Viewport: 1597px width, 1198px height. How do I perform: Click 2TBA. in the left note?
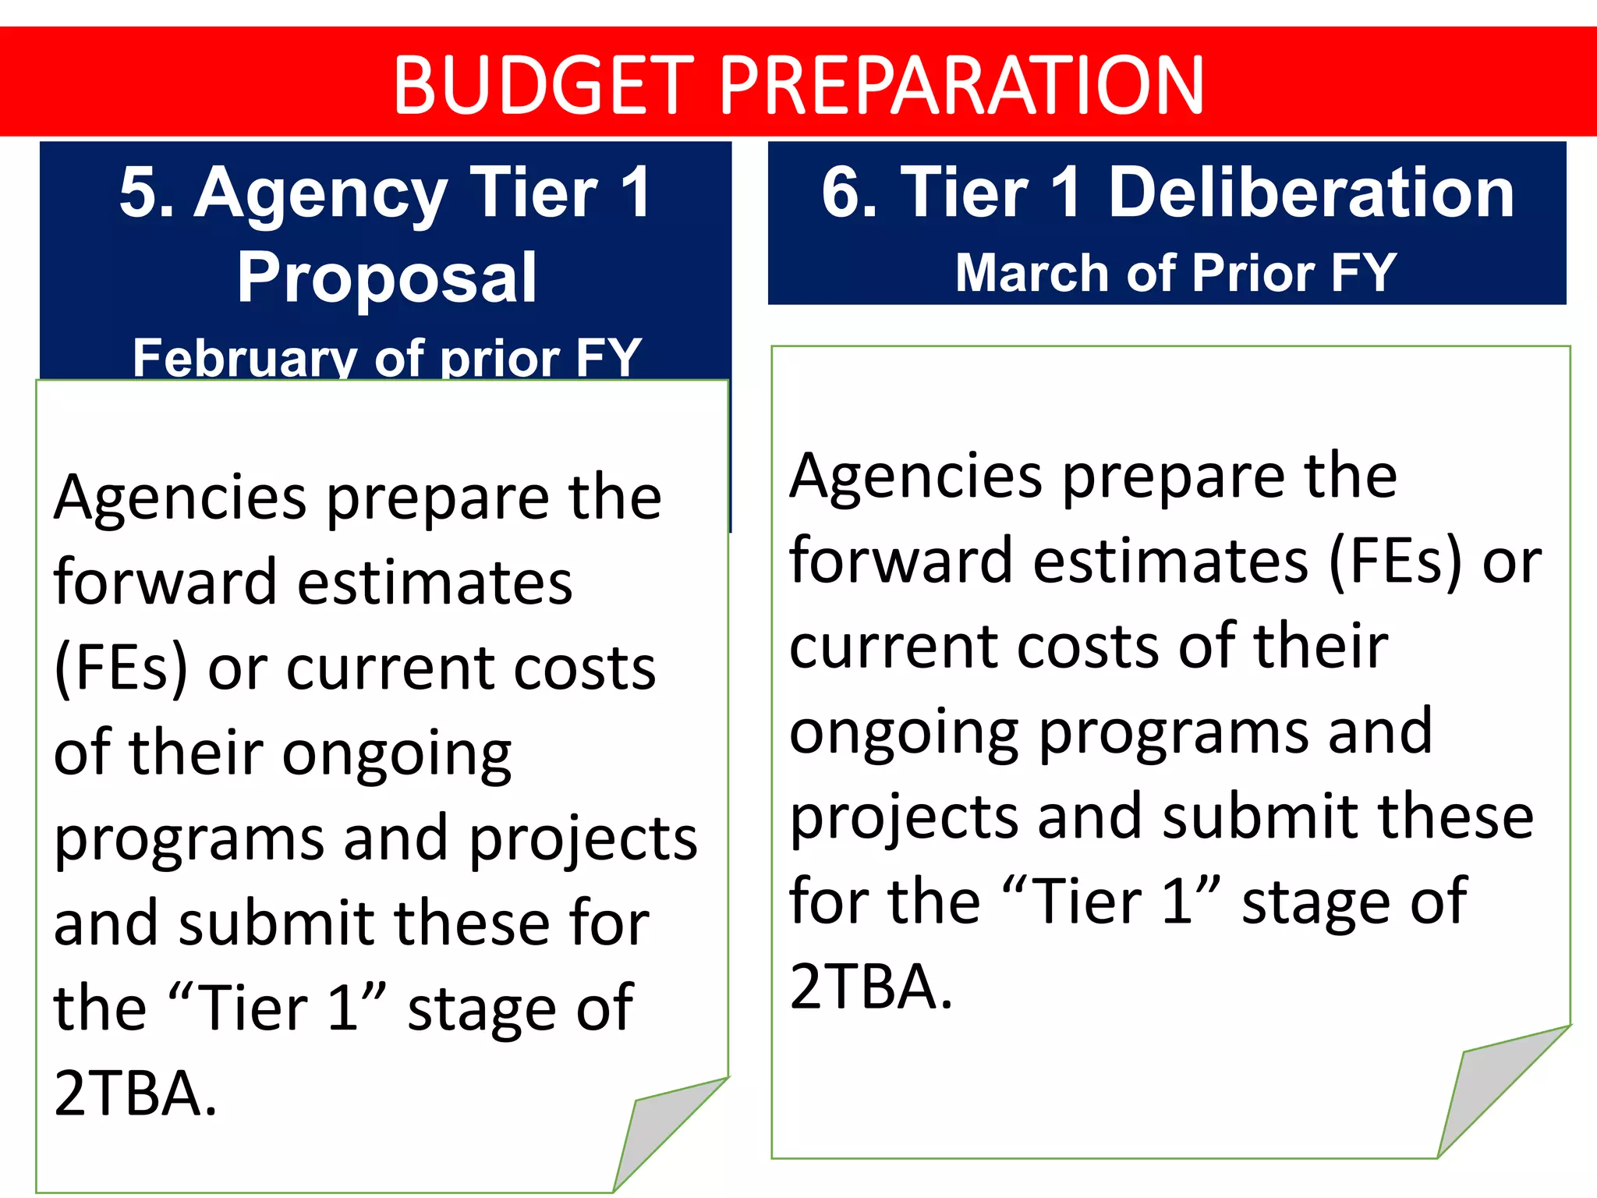[135, 1094]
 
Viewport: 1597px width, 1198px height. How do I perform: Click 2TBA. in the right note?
[871, 987]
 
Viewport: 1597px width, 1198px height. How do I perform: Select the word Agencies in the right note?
[915, 477]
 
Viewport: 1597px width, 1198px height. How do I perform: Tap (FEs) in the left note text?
[121, 669]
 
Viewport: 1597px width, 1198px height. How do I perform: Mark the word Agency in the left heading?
[320, 193]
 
